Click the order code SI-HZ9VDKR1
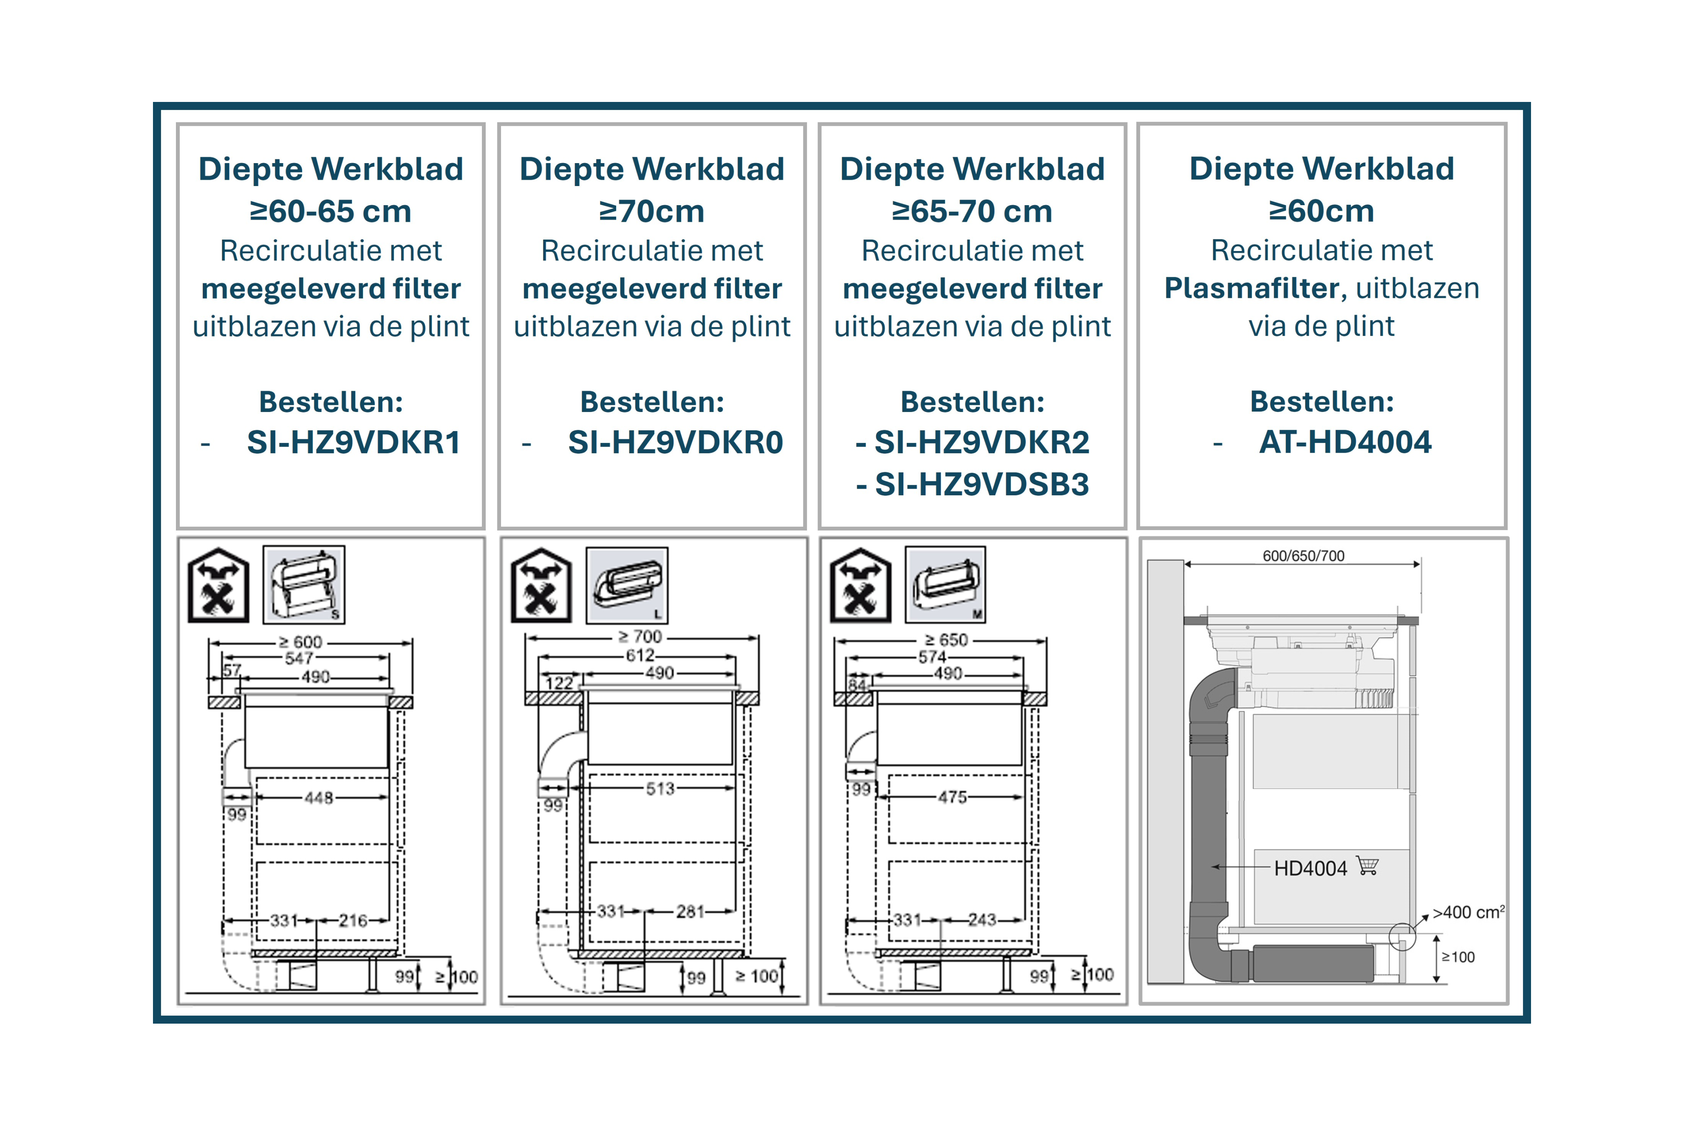point(354,442)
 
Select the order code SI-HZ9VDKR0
point(675,442)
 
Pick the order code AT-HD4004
point(1345,442)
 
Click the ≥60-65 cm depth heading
point(331,211)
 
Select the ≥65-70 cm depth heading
point(972,211)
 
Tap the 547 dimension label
point(299,658)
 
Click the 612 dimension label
point(640,655)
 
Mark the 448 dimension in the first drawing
point(318,798)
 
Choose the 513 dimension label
point(659,788)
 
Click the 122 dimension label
point(559,682)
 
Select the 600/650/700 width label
point(1303,556)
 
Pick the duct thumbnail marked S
point(304,584)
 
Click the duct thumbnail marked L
point(626,584)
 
